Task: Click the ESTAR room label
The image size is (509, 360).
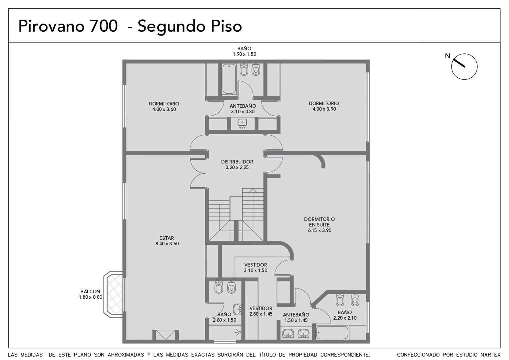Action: [x=167, y=238]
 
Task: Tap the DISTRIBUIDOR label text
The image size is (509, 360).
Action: [x=237, y=162]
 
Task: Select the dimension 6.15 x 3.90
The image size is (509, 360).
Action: [x=319, y=230]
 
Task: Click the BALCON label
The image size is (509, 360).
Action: [x=90, y=291]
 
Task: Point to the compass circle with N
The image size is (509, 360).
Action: [x=464, y=67]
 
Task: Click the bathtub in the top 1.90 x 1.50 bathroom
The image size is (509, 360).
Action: [x=229, y=79]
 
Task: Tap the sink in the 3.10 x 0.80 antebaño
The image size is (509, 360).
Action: [x=243, y=122]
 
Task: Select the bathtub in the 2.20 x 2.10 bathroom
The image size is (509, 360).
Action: [x=332, y=332]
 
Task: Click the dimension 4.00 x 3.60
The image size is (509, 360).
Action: [x=164, y=109]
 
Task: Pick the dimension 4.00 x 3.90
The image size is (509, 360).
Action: [x=324, y=109]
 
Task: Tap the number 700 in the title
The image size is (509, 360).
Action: [x=104, y=26]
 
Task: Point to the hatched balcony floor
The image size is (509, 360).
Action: [x=115, y=294]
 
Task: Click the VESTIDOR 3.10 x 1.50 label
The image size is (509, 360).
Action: [x=255, y=267]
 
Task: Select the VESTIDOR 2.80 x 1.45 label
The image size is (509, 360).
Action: [x=260, y=311]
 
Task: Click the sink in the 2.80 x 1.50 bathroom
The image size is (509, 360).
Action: [x=238, y=309]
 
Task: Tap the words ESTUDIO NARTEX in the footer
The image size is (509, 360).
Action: [x=471, y=355]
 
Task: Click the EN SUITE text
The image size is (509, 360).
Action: [x=319, y=225]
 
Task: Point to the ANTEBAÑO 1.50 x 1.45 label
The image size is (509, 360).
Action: [x=296, y=317]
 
